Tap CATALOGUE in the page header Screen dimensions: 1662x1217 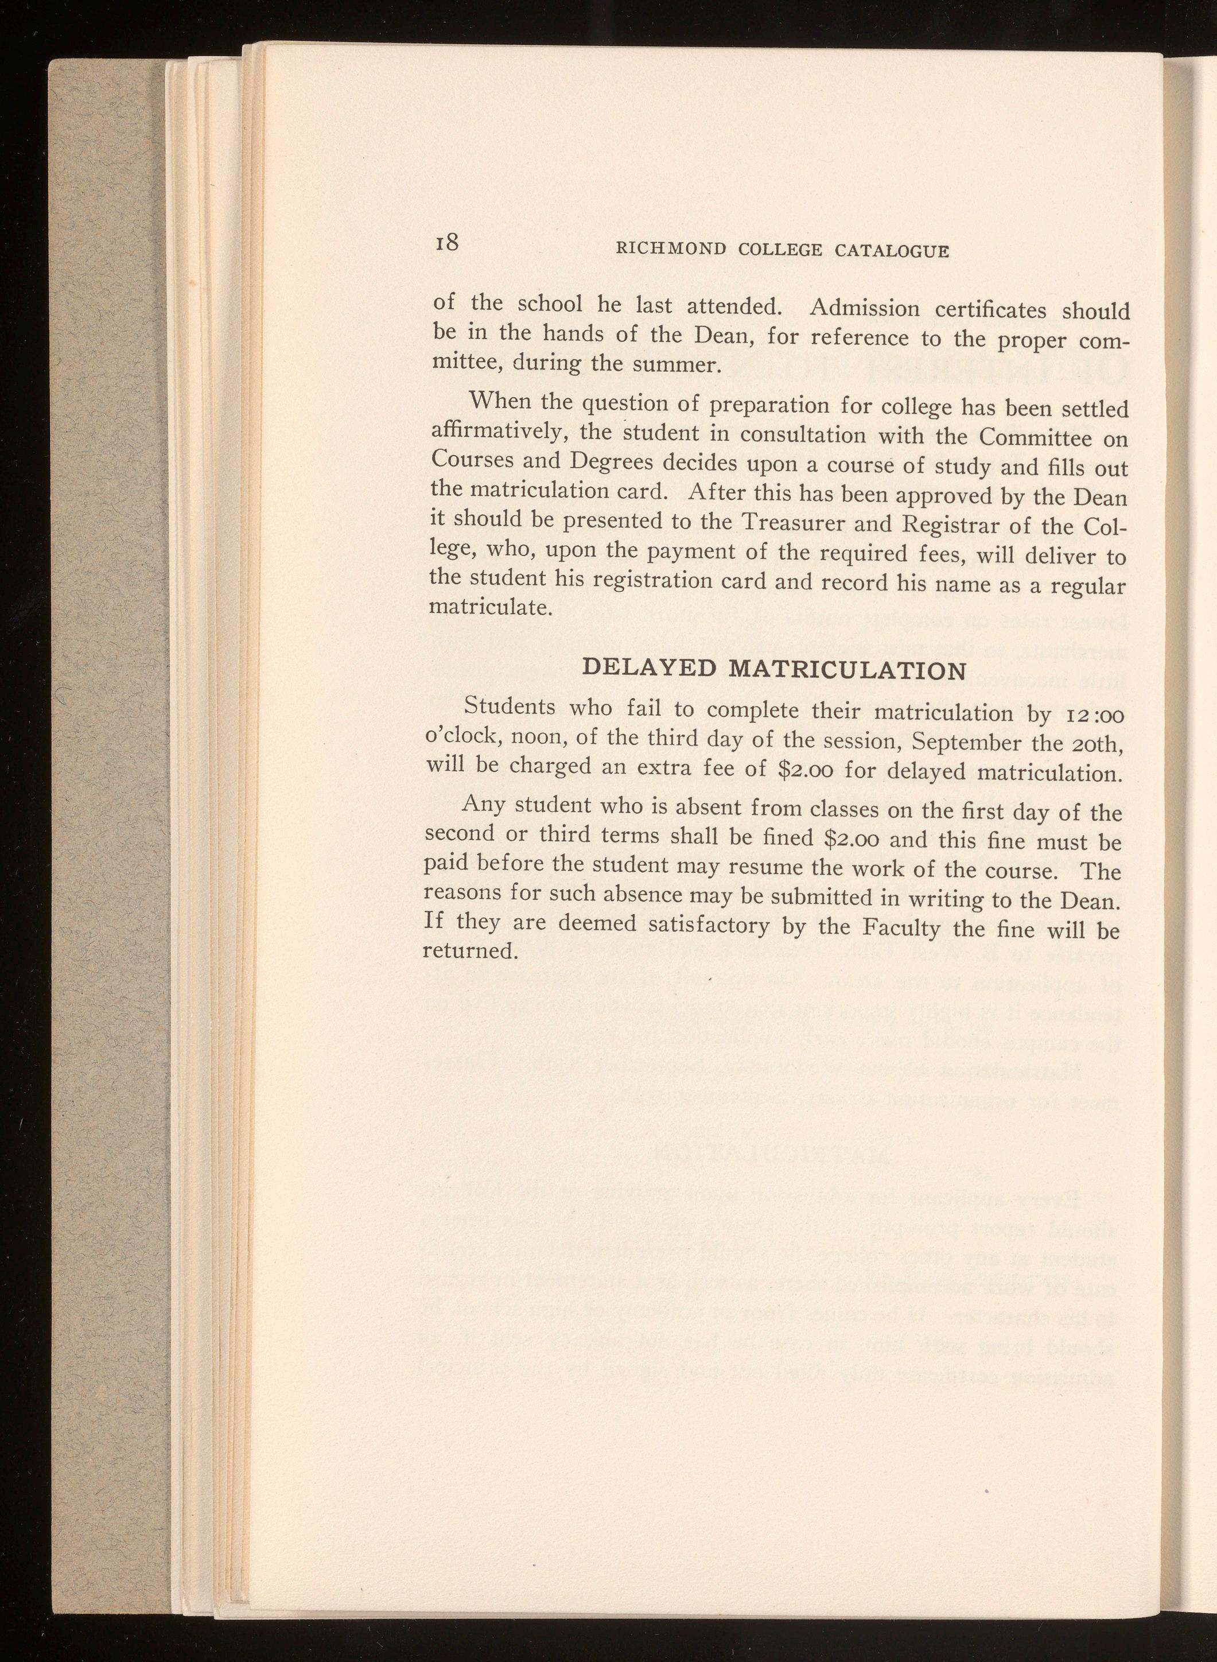(892, 251)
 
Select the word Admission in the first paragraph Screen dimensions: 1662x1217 (864, 308)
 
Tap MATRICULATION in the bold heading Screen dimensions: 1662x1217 (846, 670)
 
